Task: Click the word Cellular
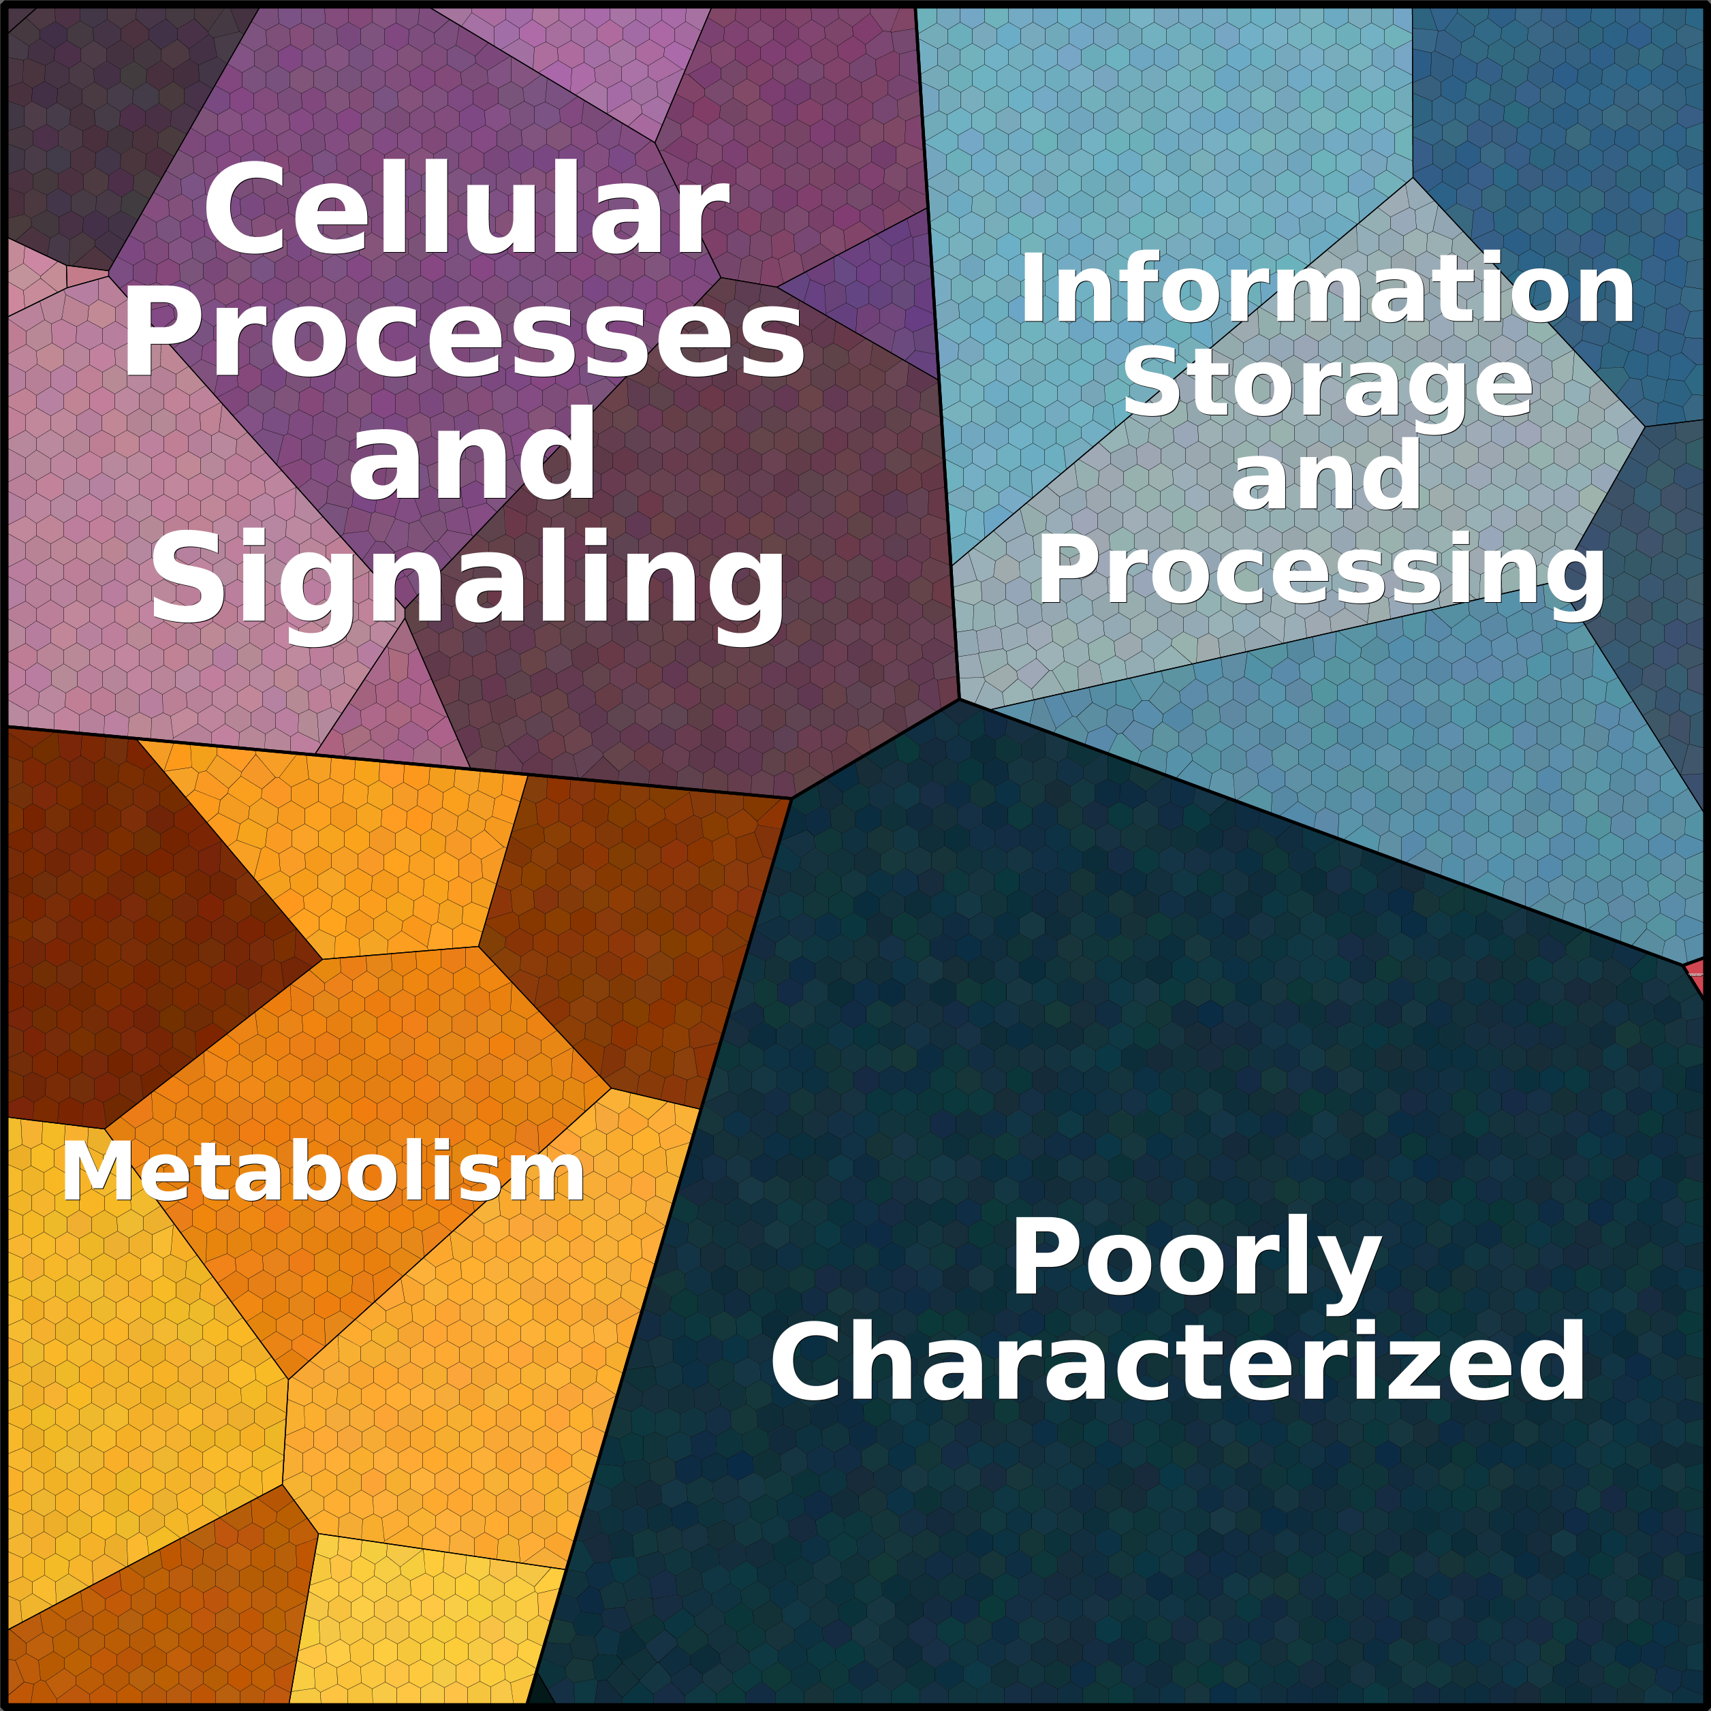(466, 210)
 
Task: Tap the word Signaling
(467, 580)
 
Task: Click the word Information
(1325, 289)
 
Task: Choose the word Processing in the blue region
(1321, 571)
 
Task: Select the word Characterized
(1178, 1361)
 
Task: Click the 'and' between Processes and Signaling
(472, 456)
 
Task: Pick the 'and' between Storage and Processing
(1325, 477)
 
